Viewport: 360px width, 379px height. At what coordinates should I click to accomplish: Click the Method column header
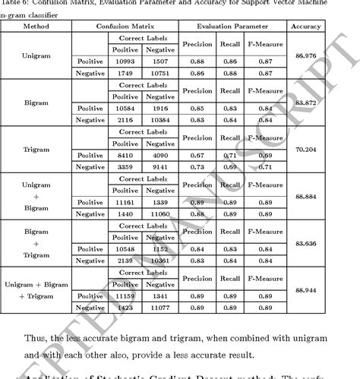coord(38,27)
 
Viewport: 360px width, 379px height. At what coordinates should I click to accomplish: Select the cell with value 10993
coord(125,60)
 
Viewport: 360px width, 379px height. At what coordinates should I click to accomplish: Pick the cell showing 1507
coord(161,60)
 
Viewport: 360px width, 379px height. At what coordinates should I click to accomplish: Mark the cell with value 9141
coord(161,167)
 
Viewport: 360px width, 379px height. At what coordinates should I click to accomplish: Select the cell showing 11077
coord(161,308)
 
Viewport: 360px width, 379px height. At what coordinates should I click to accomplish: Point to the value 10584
coord(125,108)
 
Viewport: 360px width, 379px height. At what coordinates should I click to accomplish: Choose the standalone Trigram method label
coord(38,150)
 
